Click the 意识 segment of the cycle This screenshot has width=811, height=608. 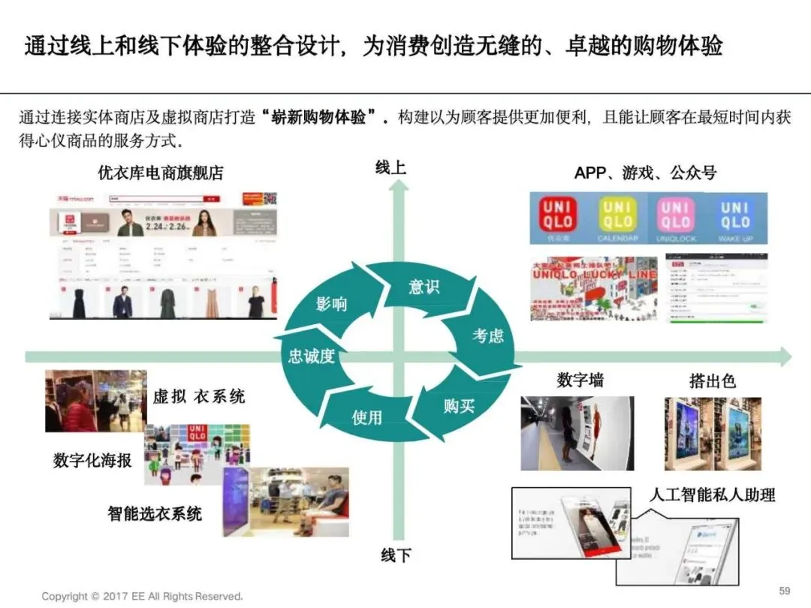[x=424, y=287]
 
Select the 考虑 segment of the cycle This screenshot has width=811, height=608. [x=487, y=336]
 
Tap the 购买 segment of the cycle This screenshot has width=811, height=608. [x=458, y=406]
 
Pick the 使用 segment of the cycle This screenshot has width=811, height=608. [x=367, y=417]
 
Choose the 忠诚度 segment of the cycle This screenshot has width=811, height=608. [x=311, y=356]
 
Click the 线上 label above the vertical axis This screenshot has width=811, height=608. [x=390, y=167]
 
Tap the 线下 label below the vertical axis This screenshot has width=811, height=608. [x=396, y=556]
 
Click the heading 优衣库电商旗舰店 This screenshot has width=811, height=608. [x=161, y=173]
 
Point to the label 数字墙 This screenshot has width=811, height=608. [x=580, y=381]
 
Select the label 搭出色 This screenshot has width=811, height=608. [x=713, y=381]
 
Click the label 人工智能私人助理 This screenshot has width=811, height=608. [x=712, y=495]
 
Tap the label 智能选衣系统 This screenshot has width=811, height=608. [x=155, y=514]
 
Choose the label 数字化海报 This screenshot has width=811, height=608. [x=92, y=460]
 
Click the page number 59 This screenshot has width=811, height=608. [x=785, y=591]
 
